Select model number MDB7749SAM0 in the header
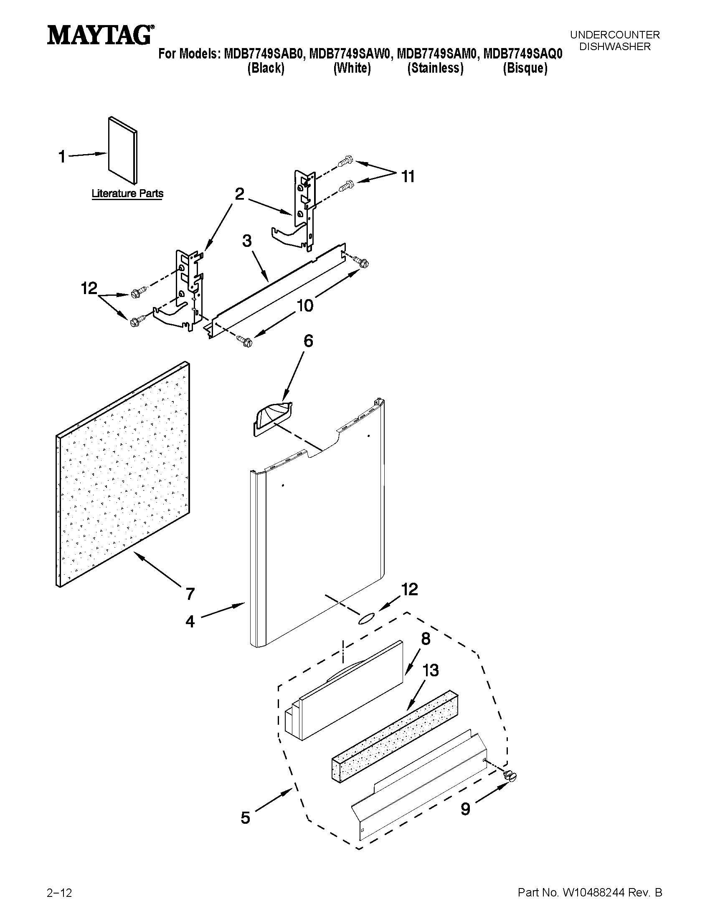pos(436,54)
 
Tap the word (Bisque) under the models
pos(525,68)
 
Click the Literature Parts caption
pos(127,193)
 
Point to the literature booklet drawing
pos(123,150)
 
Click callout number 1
pos(62,157)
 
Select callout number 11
pos(408,177)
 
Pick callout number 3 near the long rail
pos(247,241)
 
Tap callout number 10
pos(305,305)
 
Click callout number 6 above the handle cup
pos(308,341)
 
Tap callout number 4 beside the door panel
pos(190,622)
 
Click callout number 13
pos(430,670)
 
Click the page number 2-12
pos(60,901)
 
